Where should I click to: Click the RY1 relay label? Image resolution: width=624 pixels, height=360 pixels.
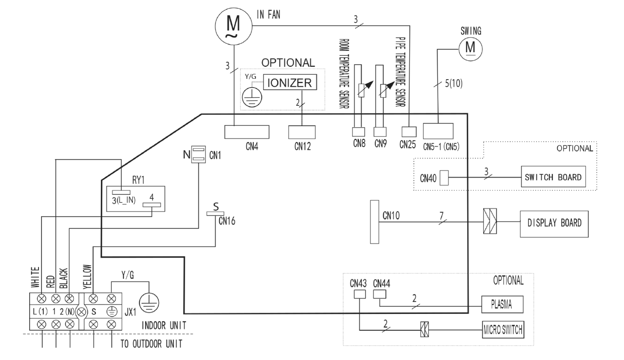pos(139,180)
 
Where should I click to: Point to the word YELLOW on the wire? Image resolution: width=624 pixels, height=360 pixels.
pos(87,277)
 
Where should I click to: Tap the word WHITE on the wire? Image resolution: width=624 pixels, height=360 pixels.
pos(35,277)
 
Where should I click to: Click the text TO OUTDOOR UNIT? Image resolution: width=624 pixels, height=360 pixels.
pos(151,344)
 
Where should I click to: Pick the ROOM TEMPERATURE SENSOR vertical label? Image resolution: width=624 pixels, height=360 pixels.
pos(344,74)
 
